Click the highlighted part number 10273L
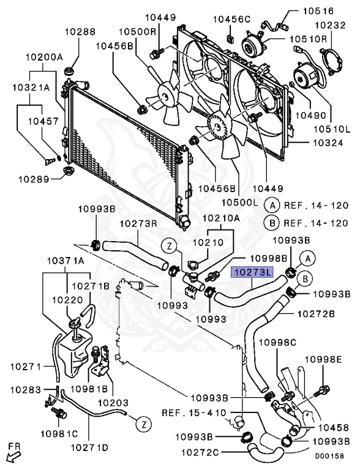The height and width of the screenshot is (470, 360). [x=252, y=273]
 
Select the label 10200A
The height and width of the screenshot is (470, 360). [x=44, y=57]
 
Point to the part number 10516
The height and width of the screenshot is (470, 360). [x=318, y=11]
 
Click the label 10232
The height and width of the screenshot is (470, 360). [x=330, y=25]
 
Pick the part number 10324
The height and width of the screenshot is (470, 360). [x=328, y=143]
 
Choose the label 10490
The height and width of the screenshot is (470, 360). [x=311, y=115]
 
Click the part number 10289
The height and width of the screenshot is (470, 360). [x=34, y=179]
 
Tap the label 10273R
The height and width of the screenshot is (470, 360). [x=139, y=223]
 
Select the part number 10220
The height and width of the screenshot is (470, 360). [x=67, y=300]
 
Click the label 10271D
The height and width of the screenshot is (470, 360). [x=89, y=448]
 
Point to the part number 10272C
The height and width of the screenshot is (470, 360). [x=200, y=452]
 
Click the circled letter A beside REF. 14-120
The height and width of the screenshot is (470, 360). [x=272, y=206]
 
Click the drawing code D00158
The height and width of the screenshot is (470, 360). [x=329, y=456]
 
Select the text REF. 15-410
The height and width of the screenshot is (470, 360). [x=194, y=412]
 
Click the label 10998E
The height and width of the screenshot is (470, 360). [x=324, y=359]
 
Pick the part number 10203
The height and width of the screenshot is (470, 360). [x=113, y=403]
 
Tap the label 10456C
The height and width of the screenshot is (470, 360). [x=231, y=19]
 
